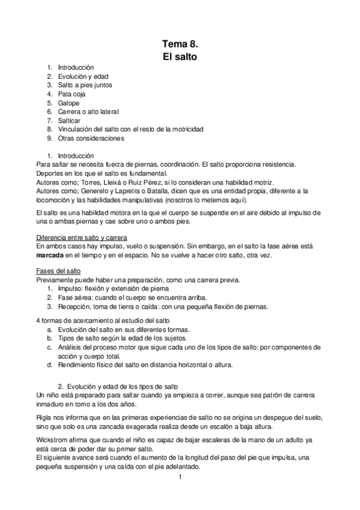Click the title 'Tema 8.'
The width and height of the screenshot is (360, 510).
click(180, 44)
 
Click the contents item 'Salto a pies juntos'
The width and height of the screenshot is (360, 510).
click(85, 85)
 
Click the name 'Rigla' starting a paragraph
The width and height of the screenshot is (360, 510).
click(44, 416)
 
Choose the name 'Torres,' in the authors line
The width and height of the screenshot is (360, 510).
click(87, 182)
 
